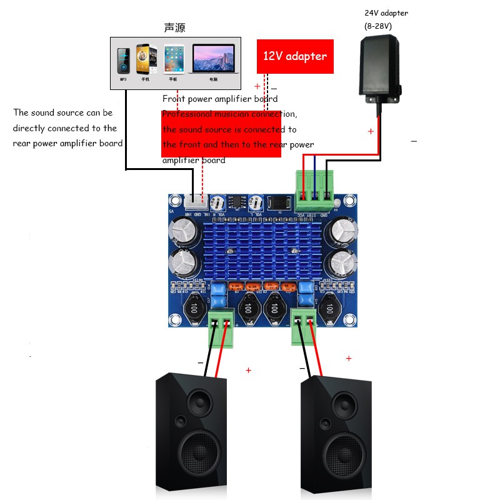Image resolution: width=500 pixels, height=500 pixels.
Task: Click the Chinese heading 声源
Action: pyautogui.click(x=174, y=27)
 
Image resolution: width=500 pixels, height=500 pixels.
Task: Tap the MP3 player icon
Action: pyautogui.click(x=123, y=61)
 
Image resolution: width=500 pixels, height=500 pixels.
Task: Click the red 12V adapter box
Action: pyautogui.click(x=294, y=56)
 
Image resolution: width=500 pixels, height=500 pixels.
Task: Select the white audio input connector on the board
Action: pyautogui.click(x=196, y=201)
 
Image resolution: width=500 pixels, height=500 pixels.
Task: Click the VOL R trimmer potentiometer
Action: pyautogui.click(x=217, y=202)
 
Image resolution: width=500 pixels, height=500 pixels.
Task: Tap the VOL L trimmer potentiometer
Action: pyautogui.click(x=256, y=202)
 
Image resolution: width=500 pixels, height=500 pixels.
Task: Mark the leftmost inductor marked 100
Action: pyautogui.click(x=195, y=309)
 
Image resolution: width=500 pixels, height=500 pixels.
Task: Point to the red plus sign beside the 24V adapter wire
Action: pyautogui.click(x=371, y=131)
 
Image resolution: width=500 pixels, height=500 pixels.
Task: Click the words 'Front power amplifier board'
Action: pyautogui.click(x=220, y=99)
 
